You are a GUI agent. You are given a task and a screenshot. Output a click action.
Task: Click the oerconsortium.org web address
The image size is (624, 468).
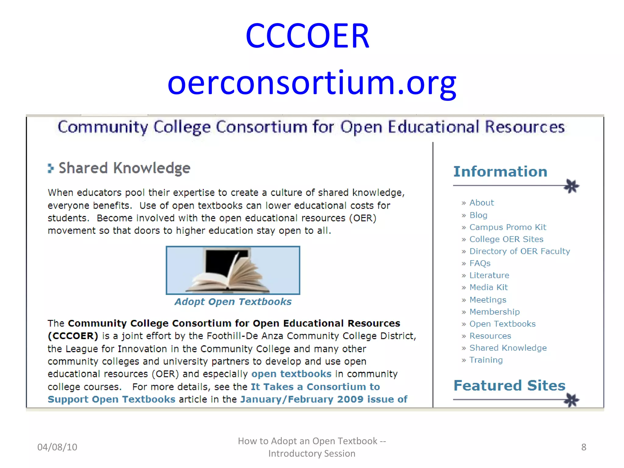click(x=312, y=83)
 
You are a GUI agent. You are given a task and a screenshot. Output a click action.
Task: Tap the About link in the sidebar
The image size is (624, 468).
click(x=481, y=203)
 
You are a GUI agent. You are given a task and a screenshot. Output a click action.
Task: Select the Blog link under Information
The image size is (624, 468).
click(x=478, y=215)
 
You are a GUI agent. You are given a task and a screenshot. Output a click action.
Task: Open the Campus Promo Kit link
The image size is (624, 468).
click(x=508, y=227)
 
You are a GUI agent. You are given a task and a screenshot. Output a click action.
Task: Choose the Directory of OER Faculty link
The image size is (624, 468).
click(x=519, y=251)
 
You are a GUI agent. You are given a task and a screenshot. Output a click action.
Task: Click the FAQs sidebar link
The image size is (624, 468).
click(x=480, y=263)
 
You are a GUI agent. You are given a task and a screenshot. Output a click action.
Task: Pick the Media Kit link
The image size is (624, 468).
click(x=488, y=287)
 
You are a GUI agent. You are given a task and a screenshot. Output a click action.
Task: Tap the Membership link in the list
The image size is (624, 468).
click(x=495, y=312)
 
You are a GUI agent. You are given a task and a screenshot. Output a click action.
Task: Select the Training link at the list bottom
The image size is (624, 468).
click(x=486, y=360)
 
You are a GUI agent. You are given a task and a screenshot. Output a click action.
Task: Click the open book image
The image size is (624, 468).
click(x=233, y=270)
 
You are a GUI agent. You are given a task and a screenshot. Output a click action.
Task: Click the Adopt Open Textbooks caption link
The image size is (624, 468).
click(x=233, y=302)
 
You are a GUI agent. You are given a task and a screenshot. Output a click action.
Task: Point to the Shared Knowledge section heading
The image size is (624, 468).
click(x=124, y=168)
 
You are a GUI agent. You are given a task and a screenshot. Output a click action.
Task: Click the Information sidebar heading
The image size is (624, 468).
click(x=500, y=172)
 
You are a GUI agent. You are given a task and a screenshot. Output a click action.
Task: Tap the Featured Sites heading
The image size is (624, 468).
click(x=509, y=385)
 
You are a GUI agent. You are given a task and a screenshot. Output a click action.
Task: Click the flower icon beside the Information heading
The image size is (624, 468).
click(x=571, y=186)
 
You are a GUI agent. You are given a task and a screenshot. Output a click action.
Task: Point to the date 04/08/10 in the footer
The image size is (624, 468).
click(x=57, y=447)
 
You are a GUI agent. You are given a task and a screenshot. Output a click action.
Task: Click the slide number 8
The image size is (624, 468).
click(x=583, y=447)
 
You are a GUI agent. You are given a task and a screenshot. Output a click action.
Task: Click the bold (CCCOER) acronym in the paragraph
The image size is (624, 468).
click(x=73, y=336)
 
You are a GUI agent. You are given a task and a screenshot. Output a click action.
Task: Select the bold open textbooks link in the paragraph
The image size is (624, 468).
click(x=291, y=374)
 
